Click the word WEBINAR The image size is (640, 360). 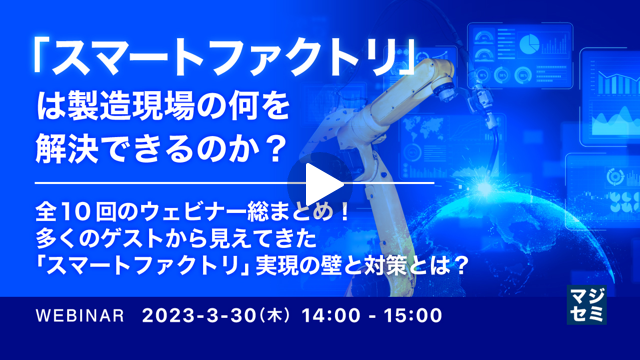tap(79, 316)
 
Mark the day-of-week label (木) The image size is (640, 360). tap(273, 316)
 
